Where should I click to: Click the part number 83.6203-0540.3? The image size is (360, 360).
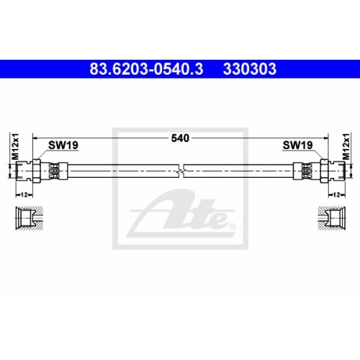146,69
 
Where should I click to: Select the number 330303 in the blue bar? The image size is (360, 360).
250,69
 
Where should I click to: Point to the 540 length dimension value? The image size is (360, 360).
180,138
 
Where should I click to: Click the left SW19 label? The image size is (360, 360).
63,145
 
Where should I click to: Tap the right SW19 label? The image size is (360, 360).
297,145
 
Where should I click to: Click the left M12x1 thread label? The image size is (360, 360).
15,147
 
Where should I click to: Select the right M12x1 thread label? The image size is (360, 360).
346,147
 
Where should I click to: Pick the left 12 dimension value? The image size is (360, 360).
24,195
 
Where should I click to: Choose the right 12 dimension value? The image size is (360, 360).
337,195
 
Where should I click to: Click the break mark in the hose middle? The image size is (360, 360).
181,171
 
